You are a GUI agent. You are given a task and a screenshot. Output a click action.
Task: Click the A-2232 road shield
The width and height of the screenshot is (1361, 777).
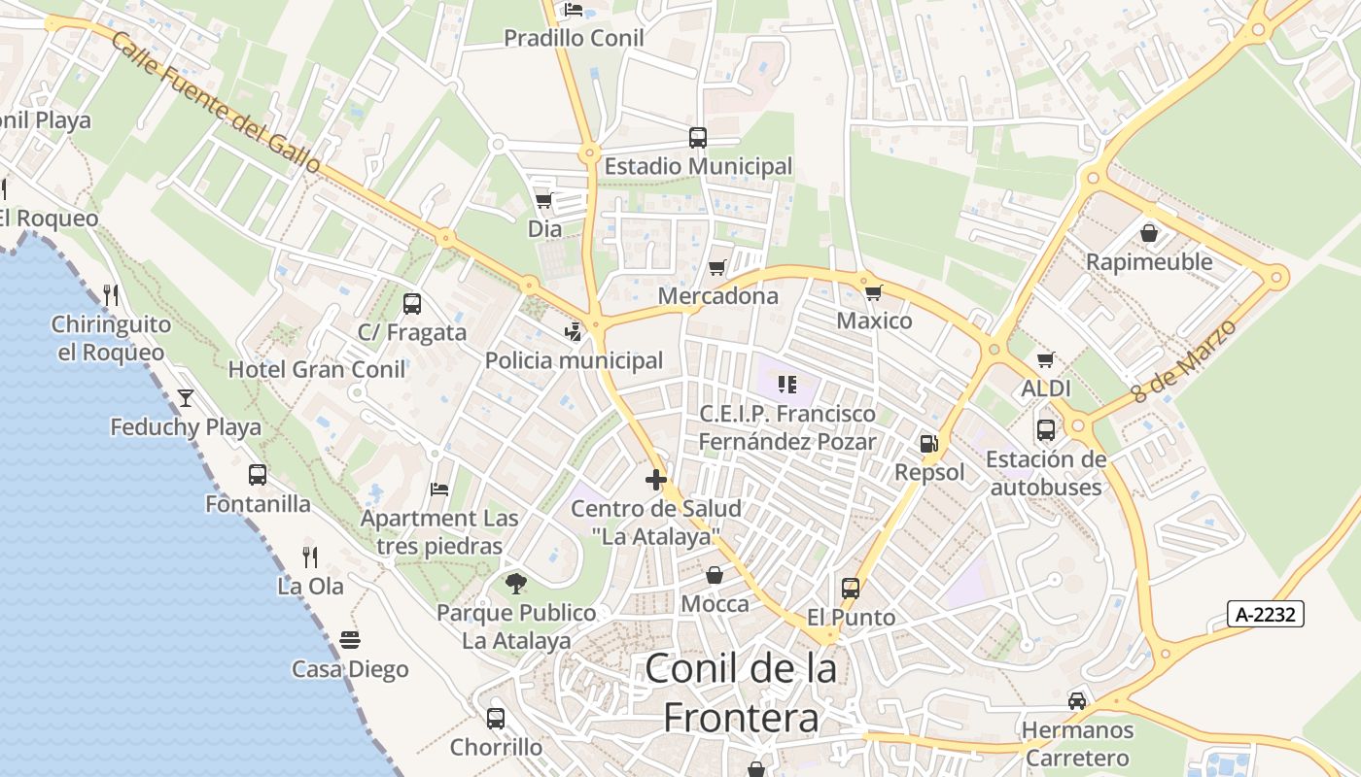pos(1265,614)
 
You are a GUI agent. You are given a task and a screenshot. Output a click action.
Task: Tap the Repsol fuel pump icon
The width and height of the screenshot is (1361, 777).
pos(929,444)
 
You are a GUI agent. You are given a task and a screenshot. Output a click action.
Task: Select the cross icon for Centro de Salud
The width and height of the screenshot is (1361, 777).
pos(656,479)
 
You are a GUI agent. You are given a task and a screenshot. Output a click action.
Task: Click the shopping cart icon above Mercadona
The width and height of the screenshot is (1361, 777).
pos(717,267)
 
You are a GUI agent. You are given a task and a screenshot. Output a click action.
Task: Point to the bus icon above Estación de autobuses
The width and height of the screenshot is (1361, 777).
pos(1046,429)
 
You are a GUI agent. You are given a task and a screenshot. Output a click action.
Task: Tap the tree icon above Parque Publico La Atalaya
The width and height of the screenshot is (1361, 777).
pos(516,583)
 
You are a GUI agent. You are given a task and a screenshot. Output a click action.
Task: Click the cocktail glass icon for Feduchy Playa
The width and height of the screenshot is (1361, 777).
pos(186,397)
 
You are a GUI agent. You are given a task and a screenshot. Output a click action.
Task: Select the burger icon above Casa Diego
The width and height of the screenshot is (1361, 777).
pos(350,639)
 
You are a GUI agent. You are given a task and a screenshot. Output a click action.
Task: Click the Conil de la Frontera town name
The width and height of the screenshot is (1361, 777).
pos(741,693)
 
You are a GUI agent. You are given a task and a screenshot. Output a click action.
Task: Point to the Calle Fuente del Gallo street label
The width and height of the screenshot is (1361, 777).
pos(215,103)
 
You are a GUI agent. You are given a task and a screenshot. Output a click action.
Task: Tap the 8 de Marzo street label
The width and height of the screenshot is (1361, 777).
pos(1185,361)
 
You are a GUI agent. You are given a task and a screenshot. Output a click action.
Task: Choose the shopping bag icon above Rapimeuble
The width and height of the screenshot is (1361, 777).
pos(1149,233)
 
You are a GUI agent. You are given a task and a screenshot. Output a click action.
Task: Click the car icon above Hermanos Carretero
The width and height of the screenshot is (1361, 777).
pos(1077,700)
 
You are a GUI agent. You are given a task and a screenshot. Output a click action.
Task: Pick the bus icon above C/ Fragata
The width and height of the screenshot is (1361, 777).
pos(412,303)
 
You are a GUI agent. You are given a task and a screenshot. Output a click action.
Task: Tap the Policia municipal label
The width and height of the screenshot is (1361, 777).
pos(574,360)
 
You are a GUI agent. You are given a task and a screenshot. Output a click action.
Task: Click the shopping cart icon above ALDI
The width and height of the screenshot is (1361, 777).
pos(1046,360)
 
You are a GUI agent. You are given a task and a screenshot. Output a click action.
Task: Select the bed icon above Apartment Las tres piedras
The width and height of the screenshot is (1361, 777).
pos(439,489)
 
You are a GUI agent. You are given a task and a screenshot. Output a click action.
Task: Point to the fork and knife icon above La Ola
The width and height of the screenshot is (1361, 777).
pos(310,557)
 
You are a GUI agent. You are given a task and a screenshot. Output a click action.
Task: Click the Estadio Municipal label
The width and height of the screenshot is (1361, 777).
pos(698,166)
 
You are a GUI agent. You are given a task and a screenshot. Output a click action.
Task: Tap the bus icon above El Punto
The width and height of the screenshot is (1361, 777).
pos(851,588)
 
